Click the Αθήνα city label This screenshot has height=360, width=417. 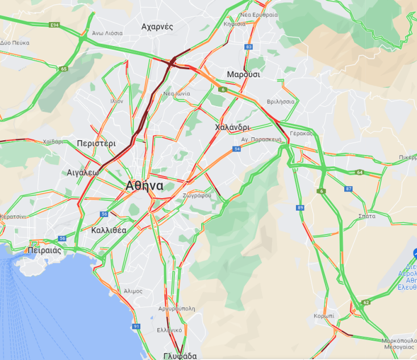pyautogui.click(x=145, y=186)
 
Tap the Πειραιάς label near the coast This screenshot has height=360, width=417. pyautogui.click(x=44, y=250)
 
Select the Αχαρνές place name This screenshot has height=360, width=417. pyautogui.click(x=157, y=27)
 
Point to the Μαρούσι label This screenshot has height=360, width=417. pyautogui.click(x=243, y=74)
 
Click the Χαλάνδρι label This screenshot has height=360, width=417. pyautogui.click(x=233, y=127)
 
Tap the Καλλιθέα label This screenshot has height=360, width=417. pyautogui.click(x=109, y=230)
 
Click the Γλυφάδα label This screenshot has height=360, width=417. pyautogui.click(x=180, y=356)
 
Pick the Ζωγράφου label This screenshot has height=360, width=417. pyautogui.click(x=197, y=195)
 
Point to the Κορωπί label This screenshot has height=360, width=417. pyautogui.click(x=324, y=316)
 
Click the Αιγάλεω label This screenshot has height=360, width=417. pyautogui.click(x=83, y=172)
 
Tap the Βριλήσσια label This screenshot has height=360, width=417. pyautogui.click(x=281, y=102)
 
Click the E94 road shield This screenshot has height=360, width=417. pyautogui.click(x=55, y=26)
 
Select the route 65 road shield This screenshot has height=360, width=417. pyautogui.click(x=62, y=69)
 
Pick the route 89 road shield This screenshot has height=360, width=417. pyautogui.click(x=300, y=208)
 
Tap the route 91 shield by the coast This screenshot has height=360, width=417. pyautogui.click(x=136, y=326)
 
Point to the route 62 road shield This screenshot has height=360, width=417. pyautogui.click(x=366, y=303)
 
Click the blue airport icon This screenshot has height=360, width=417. pyautogui.click(x=415, y=253)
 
